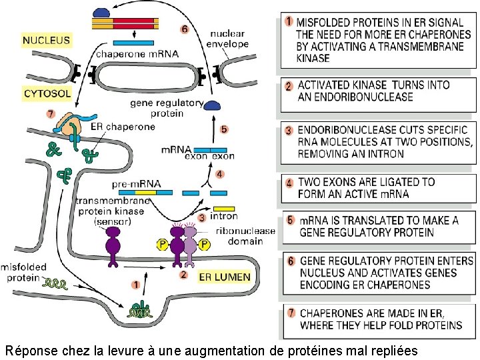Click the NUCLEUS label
46,41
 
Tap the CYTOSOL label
47,94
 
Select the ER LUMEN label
225,276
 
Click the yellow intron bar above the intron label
224,209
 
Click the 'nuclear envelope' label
229,38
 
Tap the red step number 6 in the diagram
185,29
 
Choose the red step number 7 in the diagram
51,113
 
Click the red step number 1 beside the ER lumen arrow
136,285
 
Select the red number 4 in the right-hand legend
289,183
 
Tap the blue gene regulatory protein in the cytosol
213,105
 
